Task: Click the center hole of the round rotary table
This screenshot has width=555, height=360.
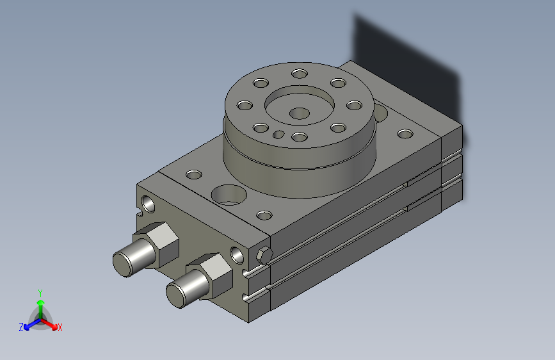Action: point(298,113)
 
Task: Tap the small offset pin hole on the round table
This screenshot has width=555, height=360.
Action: point(279,134)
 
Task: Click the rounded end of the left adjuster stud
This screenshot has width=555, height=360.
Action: point(125,263)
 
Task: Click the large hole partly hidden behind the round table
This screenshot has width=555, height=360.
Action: point(381,114)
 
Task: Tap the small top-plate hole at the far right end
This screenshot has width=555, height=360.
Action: point(405,135)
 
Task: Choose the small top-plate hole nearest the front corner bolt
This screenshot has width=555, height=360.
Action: point(262,215)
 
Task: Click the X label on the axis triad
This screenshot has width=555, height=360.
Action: point(60,327)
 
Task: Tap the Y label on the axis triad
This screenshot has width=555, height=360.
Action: point(40,292)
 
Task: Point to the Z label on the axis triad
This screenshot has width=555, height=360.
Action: point(21,327)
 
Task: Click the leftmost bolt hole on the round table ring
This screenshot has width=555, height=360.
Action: point(244,106)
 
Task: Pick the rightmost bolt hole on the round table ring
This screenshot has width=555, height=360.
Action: point(353,106)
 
